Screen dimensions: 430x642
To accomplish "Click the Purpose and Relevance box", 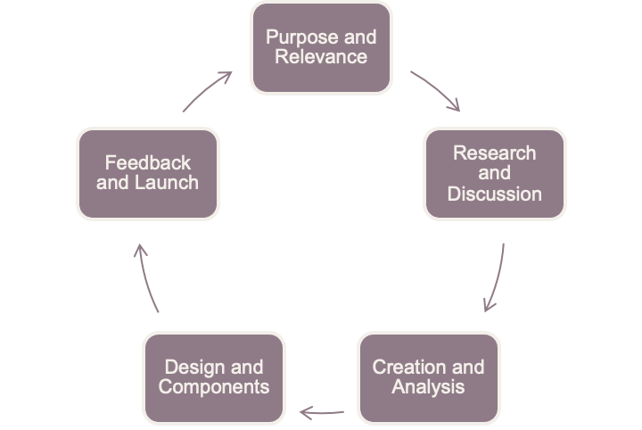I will (x=321, y=47).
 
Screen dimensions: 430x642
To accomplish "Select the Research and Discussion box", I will (x=495, y=173).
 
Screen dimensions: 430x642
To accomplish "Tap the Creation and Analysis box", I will (x=428, y=376).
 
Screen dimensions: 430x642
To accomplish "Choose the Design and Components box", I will (x=214, y=376).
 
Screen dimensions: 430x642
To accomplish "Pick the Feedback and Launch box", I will (x=147, y=173).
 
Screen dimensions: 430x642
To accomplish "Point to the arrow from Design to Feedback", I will (x=146, y=278).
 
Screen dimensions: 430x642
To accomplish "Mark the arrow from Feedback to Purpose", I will (x=208, y=91).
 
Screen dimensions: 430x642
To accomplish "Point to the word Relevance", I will (x=321, y=57).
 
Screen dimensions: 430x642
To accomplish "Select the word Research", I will (x=495, y=153).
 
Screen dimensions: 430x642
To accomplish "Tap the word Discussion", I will (x=495, y=194).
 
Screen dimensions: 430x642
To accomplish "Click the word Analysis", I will (x=428, y=387).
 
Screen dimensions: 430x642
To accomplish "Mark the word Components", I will (x=214, y=387).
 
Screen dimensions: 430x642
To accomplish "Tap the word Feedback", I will (x=147, y=162).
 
